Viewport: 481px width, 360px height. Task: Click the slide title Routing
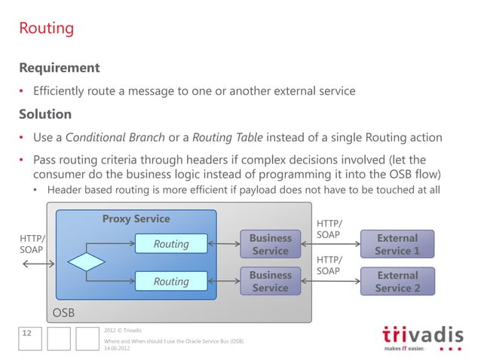pos(46,29)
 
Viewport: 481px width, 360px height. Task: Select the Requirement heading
pos(60,69)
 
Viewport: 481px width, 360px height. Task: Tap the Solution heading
pos(45,114)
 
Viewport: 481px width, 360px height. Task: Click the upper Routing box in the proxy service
pos(171,244)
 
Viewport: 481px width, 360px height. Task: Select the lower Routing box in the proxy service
pos(171,281)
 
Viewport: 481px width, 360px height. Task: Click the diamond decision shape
pos(87,263)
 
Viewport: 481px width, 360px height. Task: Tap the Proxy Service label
pos(136,219)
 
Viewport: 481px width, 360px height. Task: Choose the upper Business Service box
pos(270,244)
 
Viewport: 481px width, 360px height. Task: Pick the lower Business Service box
pos(270,281)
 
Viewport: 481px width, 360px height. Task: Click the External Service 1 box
pos(397,244)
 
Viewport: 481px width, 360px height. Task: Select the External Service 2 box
pos(397,281)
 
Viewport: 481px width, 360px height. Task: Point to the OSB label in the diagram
pos(63,312)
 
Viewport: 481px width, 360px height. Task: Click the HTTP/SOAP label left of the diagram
pos(32,243)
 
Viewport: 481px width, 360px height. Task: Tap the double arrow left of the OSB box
pos(35,264)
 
